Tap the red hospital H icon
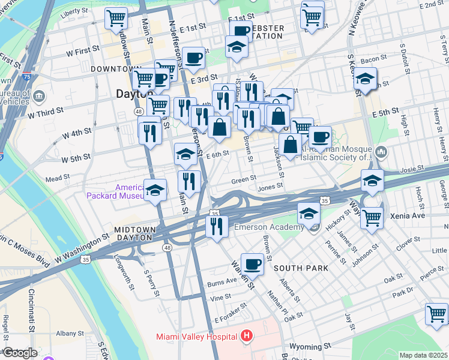pyautogui.click(x=246, y=337)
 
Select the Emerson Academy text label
pyautogui.click(x=269, y=227)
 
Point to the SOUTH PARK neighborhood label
pyautogui.click(x=301, y=268)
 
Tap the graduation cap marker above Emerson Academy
pyautogui.click(x=309, y=212)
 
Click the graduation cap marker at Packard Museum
pyautogui.click(x=155, y=190)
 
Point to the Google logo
pyautogui.click(x=19, y=353)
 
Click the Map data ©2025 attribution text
pyautogui.click(x=423, y=355)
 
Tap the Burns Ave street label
pyautogui.click(x=221, y=281)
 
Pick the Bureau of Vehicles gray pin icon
pyautogui.click(x=39, y=96)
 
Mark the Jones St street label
pyautogui.click(x=270, y=187)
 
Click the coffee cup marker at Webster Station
pyautogui.click(x=240, y=31)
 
